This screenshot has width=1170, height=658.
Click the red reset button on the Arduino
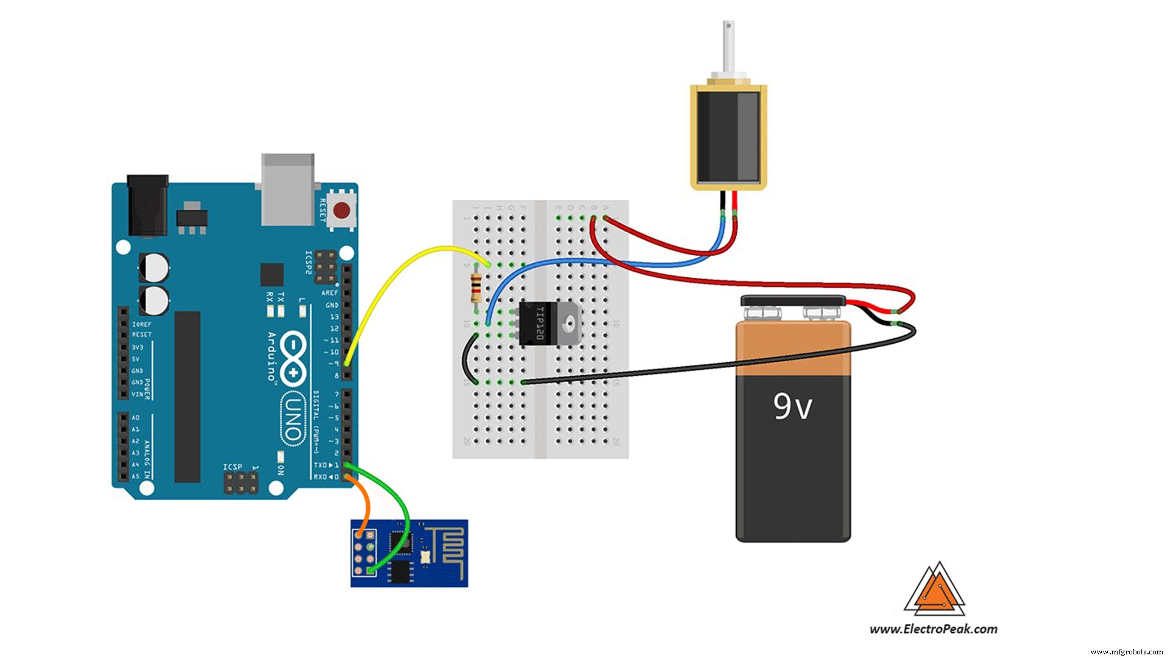pyautogui.click(x=342, y=211)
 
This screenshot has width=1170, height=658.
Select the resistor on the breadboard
pyautogui.click(x=476, y=288)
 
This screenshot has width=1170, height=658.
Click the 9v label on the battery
pyautogui.click(x=792, y=407)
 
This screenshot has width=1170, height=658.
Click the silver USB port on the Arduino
pyautogui.click(x=288, y=189)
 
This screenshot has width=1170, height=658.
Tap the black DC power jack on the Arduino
pyautogui.click(x=147, y=205)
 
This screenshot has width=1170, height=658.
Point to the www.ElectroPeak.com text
pyautogui.click(x=933, y=629)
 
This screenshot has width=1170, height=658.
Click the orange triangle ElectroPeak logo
pyautogui.click(x=934, y=590)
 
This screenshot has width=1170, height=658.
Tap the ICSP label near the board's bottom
pyautogui.click(x=232, y=467)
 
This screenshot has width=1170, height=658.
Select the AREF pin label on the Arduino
pyautogui.click(x=330, y=293)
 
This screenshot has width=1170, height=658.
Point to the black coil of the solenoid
pyautogui.click(x=728, y=137)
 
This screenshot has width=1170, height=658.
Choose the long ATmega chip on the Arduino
pyautogui.click(x=188, y=397)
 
